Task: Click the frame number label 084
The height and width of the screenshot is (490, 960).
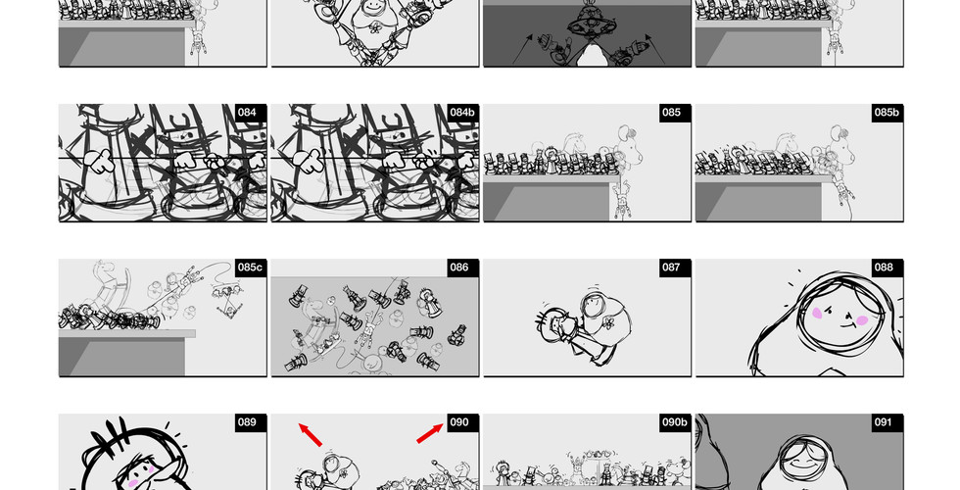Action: tap(247, 113)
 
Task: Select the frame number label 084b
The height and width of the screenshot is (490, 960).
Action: tap(461, 113)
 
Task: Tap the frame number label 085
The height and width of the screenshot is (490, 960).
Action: tap(671, 113)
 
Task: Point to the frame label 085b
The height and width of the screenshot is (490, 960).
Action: tap(886, 113)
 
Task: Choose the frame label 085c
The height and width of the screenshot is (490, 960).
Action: tap(250, 268)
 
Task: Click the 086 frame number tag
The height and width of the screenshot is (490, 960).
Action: tap(459, 268)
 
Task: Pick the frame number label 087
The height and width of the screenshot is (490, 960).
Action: tap(671, 268)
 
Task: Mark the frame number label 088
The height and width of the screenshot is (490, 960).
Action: tap(884, 268)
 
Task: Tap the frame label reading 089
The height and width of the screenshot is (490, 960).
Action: tap(247, 422)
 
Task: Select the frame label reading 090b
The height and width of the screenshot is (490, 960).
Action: tap(674, 422)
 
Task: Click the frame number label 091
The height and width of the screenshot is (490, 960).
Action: tap(884, 422)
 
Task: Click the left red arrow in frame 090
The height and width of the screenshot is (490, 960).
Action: tap(310, 433)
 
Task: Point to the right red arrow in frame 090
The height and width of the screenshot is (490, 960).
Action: tap(429, 433)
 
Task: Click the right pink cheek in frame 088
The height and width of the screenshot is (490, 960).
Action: tap(862, 319)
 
